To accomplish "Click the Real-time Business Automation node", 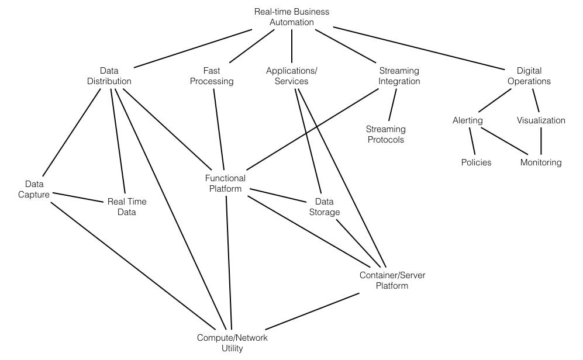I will point(291,17).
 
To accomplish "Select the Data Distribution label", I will point(109,76).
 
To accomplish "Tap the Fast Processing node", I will point(212,76).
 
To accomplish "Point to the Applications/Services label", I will point(291,76).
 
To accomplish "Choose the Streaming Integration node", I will point(399,76).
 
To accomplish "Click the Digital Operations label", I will point(529,76).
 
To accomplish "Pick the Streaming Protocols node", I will point(385,134).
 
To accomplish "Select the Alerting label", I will point(467,120).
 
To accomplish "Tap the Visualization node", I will point(541,120).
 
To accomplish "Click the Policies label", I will point(476,162).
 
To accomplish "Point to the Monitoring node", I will point(541,162).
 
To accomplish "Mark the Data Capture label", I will point(34,189).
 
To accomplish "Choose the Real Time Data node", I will point(126,207).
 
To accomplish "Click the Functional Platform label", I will point(225,184).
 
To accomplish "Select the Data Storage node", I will point(324,207).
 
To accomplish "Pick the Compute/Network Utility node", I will point(232,343).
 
